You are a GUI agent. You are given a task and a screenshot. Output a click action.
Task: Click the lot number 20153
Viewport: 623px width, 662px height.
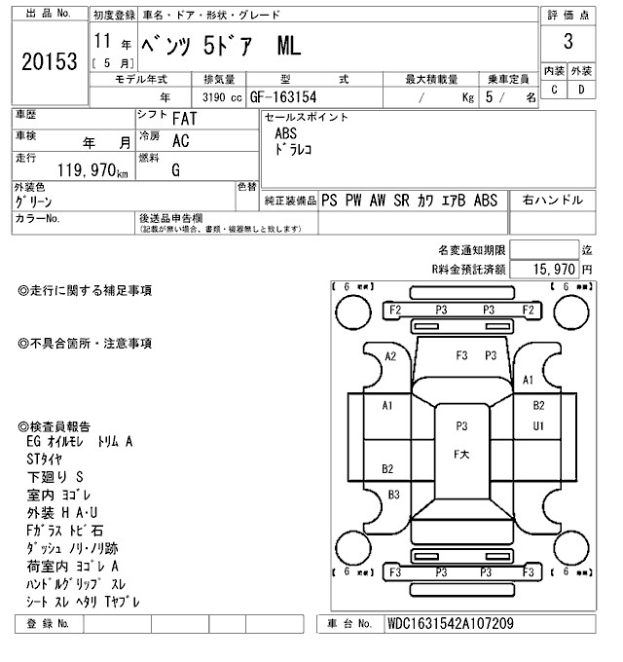tap(49, 61)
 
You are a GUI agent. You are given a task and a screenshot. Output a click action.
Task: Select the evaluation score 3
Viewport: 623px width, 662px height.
tap(568, 43)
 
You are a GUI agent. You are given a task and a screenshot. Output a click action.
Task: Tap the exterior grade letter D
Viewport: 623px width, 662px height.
tap(581, 91)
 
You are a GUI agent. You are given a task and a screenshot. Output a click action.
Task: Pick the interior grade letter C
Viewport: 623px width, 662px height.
tap(554, 91)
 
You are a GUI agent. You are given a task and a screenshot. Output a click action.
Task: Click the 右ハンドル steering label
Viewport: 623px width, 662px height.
tap(553, 201)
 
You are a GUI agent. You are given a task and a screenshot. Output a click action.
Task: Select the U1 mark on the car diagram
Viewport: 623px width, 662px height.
tap(538, 425)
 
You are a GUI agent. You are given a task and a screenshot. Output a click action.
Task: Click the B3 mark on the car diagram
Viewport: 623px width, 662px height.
tap(393, 494)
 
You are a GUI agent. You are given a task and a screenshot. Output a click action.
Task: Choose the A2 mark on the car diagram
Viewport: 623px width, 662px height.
tap(391, 356)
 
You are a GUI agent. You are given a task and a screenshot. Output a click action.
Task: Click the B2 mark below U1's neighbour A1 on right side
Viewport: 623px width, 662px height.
tap(538, 405)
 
